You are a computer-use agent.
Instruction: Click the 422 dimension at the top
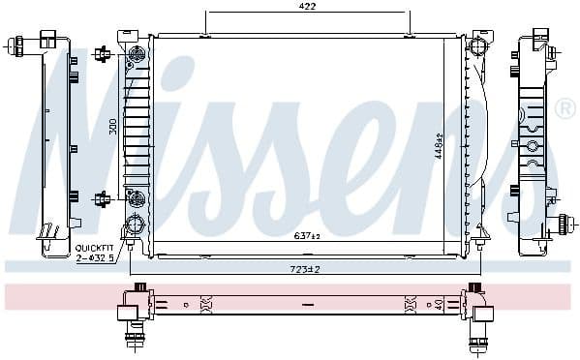[307, 5]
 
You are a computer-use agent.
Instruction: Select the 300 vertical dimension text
[112, 126]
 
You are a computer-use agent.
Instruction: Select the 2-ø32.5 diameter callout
[94, 257]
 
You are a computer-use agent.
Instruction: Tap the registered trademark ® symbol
[565, 106]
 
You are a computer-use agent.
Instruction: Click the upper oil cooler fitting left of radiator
[101, 54]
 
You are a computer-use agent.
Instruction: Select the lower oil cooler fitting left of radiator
[101, 199]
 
